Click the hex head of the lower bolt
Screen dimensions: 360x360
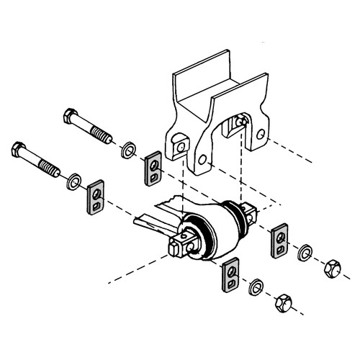pyautogui.click(x=19, y=152)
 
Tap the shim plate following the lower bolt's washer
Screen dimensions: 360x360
pyautogui.click(x=96, y=198)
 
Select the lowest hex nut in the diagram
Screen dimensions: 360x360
pyautogui.click(x=284, y=307)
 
